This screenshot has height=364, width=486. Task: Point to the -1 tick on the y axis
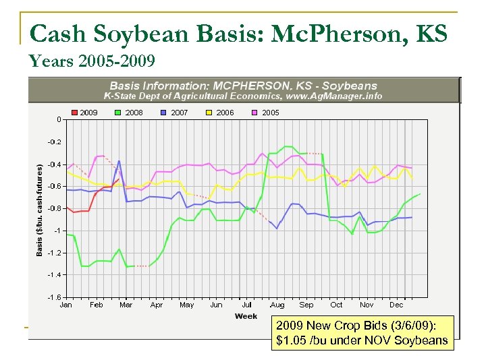pyautogui.click(x=57, y=231)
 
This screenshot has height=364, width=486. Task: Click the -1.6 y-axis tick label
pyautogui.click(x=53, y=297)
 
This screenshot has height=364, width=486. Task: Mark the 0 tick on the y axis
pyautogui.click(x=59, y=119)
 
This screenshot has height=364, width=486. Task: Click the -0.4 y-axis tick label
pyautogui.click(x=53, y=164)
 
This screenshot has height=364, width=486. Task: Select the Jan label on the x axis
pyautogui.click(x=66, y=305)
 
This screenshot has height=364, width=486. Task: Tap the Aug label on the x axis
pyautogui.click(x=277, y=305)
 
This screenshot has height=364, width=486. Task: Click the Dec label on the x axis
pyautogui.click(x=396, y=305)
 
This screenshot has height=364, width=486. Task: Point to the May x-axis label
pyautogui.click(x=186, y=305)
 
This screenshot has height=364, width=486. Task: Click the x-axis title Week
pyautogui.click(x=246, y=315)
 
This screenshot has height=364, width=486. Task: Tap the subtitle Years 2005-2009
pyautogui.click(x=92, y=61)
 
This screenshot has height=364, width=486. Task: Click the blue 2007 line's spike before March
pyautogui.click(x=119, y=161)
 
